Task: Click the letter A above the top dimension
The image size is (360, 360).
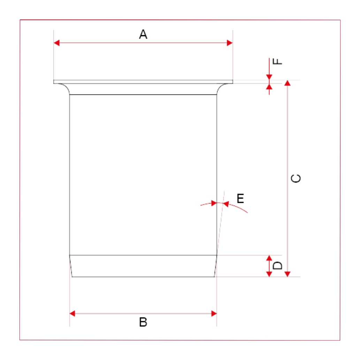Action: tap(143, 34)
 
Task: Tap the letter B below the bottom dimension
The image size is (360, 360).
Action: tap(143, 322)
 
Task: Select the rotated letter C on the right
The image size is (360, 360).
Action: tap(296, 178)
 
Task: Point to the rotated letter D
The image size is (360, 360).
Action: tap(277, 266)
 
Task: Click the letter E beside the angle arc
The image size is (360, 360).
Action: tap(240, 198)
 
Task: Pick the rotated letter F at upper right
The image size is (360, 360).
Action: tap(277, 61)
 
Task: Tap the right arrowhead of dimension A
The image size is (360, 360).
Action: tap(230, 43)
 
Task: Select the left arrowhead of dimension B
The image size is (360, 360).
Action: tap(72, 313)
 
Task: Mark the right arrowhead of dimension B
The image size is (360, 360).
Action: tap(214, 313)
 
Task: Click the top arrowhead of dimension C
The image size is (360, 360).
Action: tap(288, 83)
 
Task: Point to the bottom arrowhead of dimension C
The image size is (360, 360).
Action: tap(288, 274)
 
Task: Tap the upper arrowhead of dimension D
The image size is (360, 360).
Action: tap(269, 258)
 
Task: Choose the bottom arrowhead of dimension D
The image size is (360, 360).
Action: tap(269, 274)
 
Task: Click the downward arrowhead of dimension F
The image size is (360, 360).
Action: tap(269, 77)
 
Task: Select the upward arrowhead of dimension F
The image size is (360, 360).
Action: tap(269, 86)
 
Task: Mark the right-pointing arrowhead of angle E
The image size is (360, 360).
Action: tap(214, 203)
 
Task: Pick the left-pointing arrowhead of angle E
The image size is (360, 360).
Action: tap(226, 204)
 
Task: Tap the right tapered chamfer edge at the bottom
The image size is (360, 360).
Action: tap(216, 266)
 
